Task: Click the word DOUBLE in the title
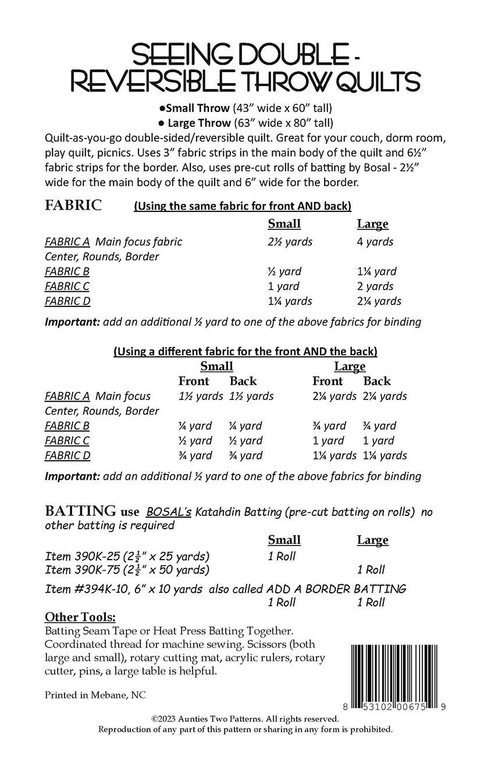(272, 57)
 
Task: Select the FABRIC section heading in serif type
(73, 205)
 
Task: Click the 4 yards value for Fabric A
(375, 242)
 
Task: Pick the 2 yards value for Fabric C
(375, 286)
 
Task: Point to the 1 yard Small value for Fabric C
(283, 286)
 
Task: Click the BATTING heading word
(80, 511)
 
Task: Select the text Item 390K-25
(79, 556)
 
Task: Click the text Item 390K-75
(79, 569)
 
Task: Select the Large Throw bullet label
(198, 123)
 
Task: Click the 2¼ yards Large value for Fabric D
(379, 301)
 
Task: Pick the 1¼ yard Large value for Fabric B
(376, 271)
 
